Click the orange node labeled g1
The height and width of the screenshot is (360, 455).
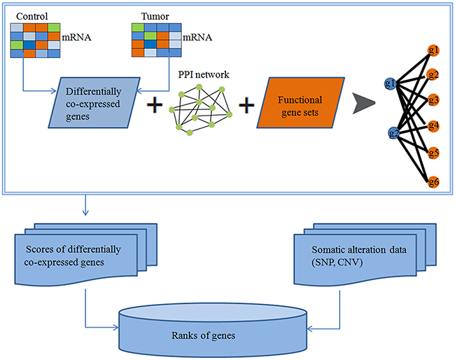(x=433, y=50)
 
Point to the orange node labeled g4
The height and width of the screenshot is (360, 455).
(x=433, y=126)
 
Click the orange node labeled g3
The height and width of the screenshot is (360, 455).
(x=433, y=100)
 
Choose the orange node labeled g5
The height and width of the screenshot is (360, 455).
(x=433, y=152)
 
